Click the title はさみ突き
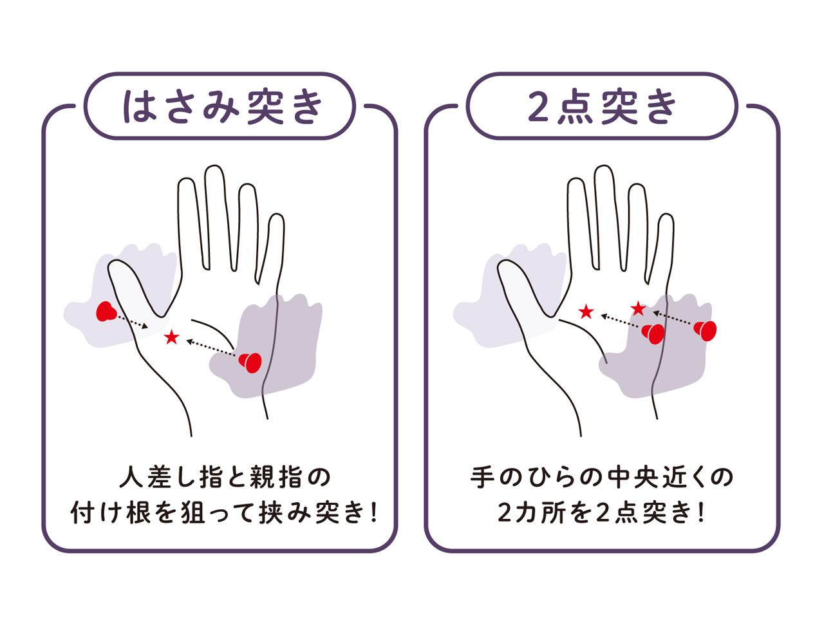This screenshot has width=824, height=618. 223,107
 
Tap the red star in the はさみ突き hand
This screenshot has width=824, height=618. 171,337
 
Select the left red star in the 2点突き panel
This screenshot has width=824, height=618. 586,312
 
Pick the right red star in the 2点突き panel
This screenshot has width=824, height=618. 638,309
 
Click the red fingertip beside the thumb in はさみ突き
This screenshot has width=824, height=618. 106,312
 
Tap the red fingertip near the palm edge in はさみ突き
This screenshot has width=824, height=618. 250,362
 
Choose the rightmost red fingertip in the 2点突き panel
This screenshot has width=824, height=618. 706,331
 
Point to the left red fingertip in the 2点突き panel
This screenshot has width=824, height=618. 653,334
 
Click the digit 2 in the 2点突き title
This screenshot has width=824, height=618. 539,108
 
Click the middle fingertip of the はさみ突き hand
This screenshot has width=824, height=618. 214,166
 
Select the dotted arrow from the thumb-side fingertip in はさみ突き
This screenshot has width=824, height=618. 133,322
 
